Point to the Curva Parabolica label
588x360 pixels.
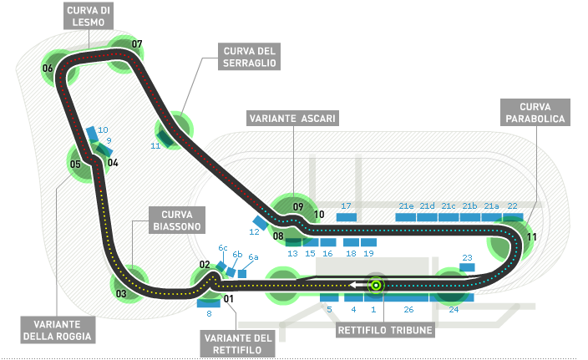[x=535, y=114]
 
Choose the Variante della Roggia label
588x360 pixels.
[x=56, y=330]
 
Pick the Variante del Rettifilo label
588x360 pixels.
[x=237, y=343]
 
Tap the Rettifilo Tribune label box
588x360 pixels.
[x=386, y=330]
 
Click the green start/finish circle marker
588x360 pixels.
[x=376, y=286]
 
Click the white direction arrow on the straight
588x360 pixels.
[x=357, y=286]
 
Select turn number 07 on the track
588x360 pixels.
[x=137, y=44]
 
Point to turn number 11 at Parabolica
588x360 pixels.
[x=531, y=236]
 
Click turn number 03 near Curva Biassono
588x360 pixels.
[x=121, y=293]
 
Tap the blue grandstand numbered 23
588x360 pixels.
[x=467, y=267]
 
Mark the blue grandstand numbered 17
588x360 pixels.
[x=346, y=217]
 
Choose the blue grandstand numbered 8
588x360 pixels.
[x=208, y=302]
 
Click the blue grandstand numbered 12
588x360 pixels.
[x=261, y=222]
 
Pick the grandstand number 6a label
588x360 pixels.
[x=253, y=257]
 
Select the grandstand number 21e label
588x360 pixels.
[x=407, y=205]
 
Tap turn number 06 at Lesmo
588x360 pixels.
[x=48, y=68]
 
